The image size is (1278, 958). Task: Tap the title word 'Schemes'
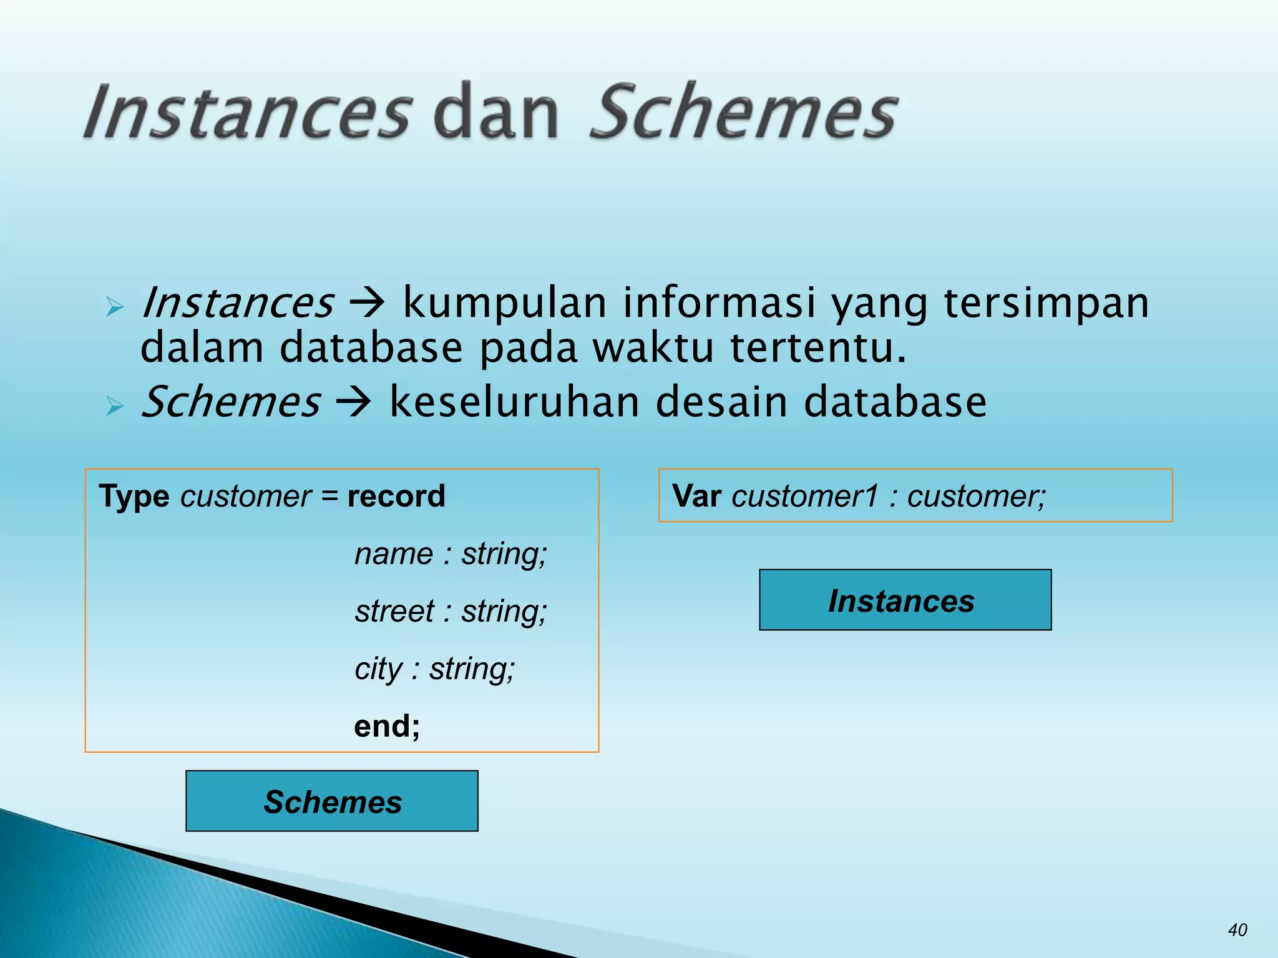pyautogui.click(x=743, y=112)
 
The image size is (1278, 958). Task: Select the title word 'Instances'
pyautogui.click(x=248, y=112)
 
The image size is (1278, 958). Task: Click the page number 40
pyautogui.click(x=1237, y=930)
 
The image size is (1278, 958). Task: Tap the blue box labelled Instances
pyautogui.click(x=905, y=600)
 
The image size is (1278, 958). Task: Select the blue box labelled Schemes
pyautogui.click(x=332, y=801)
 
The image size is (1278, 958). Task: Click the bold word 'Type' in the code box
pyautogui.click(x=134, y=496)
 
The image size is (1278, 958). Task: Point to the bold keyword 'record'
pyautogui.click(x=396, y=496)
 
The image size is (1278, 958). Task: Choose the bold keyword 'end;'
pyautogui.click(x=387, y=726)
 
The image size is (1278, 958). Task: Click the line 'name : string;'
pyautogui.click(x=451, y=554)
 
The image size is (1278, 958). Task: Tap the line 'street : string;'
pyautogui.click(x=451, y=611)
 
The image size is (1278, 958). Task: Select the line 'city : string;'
pyautogui.click(x=435, y=669)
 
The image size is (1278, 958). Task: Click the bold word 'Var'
pyautogui.click(x=697, y=496)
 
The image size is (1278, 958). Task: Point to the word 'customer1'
pyautogui.click(x=805, y=496)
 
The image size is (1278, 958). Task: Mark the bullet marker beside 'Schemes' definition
pyautogui.click(x=115, y=406)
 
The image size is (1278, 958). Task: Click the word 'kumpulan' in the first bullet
pyautogui.click(x=505, y=304)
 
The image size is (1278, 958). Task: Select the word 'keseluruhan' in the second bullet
pyautogui.click(x=515, y=402)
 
